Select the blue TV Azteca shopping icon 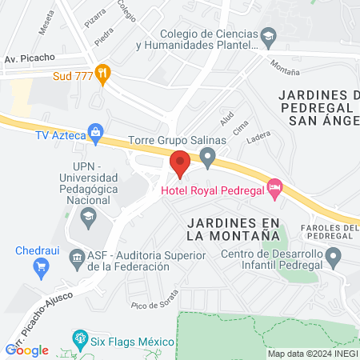[x=96, y=131]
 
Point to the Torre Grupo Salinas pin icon [x=208, y=157]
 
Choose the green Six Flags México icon [x=79, y=338]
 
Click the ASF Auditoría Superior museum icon [x=78, y=258]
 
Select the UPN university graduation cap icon [x=87, y=215]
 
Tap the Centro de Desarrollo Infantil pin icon [x=334, y=257]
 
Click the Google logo [x=27, y=350]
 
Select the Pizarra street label [x=94, y=14]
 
